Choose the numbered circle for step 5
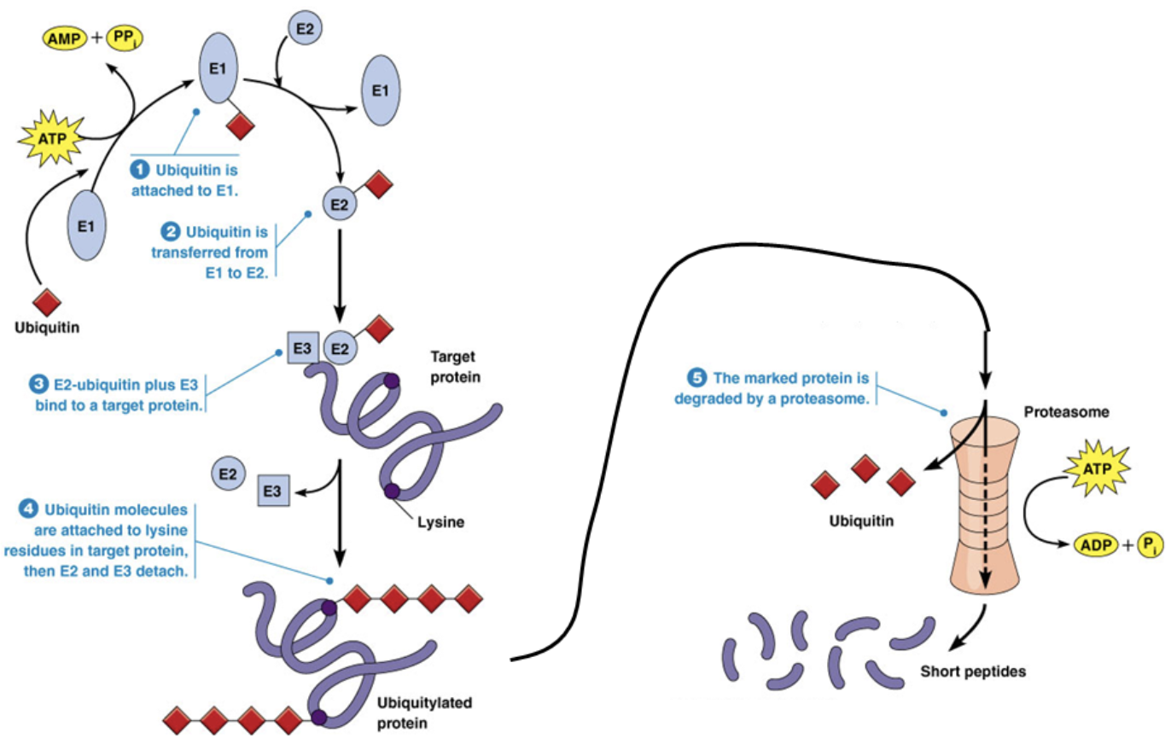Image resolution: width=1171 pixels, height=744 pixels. (x=697, y=377)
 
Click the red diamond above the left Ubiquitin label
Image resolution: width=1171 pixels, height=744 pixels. (x=46, y=303)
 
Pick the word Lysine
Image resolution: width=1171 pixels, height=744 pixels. (x=441, y=522)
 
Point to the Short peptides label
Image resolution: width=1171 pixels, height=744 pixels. (x=973, y=670)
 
